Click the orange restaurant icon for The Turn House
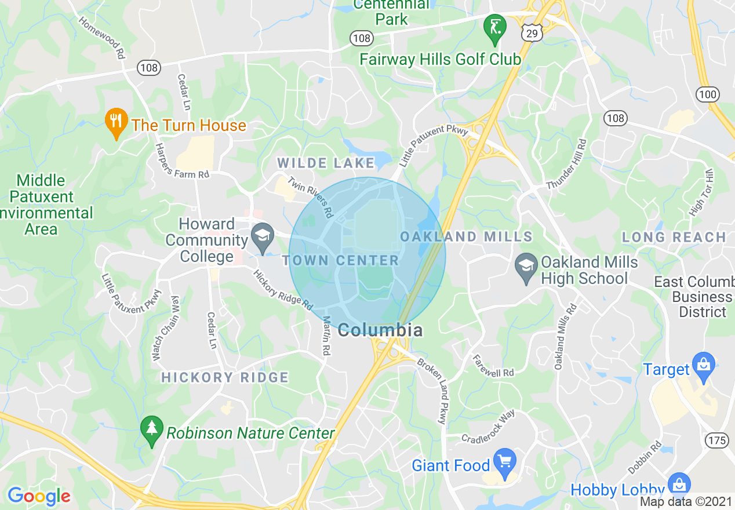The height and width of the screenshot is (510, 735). tap(117, 122)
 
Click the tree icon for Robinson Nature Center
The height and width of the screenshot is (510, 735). tap(152, 430)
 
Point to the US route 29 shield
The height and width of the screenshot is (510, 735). tap(531, 34)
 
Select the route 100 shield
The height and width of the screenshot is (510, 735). tap(708, 94)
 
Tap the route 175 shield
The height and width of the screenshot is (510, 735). tap(717, 440)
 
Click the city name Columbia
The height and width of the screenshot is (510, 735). tap(380, 330)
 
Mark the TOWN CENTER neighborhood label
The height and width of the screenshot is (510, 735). tap(341, 261)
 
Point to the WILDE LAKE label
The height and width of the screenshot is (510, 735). tap(326, 163)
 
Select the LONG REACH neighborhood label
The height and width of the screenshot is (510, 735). tap(674, 237)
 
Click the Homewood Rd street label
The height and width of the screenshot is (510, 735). tap(103, 38)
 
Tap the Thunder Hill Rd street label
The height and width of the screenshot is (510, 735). tap(567, 164)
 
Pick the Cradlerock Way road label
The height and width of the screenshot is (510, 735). tap(488, 427)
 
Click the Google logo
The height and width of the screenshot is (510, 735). tap(39, 496)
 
